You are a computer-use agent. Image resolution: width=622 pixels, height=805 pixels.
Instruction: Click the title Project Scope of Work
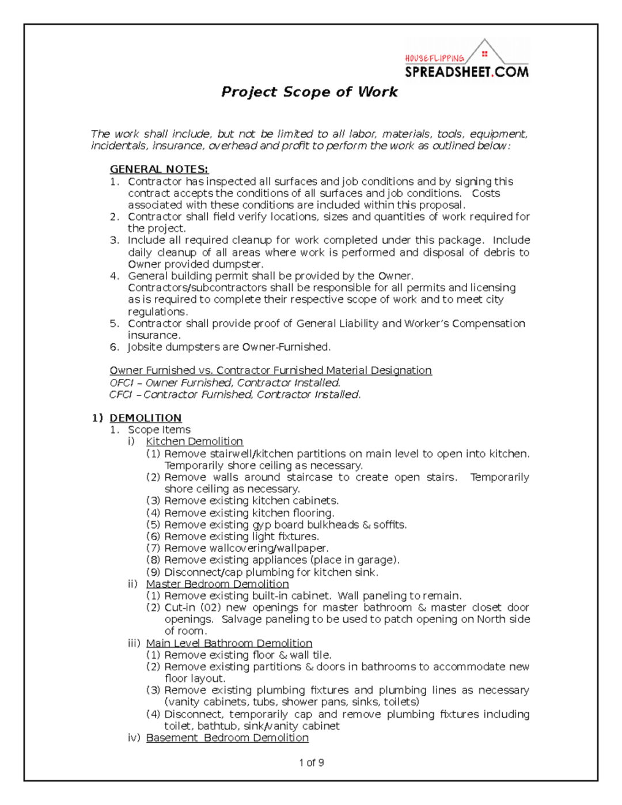coord(309,92)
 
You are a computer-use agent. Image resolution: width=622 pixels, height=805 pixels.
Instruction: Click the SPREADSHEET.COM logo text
coord(466,72)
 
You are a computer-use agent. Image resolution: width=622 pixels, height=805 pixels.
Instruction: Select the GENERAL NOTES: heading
coord(159,169)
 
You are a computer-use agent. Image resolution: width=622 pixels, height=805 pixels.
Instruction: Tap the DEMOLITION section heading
coord(146,418)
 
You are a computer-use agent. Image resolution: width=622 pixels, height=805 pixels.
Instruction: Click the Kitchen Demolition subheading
coord(194,442)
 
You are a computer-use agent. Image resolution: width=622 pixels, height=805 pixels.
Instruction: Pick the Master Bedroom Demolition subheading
coord(217,584)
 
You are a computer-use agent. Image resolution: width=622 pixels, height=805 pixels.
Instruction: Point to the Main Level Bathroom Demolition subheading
coord(229,643)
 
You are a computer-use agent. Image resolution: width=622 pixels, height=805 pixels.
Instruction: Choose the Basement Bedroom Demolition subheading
coord(227,738)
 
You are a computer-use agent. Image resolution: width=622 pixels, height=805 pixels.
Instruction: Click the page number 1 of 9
coord(311,763)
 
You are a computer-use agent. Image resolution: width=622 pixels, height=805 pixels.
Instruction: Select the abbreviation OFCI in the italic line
coord(121,383)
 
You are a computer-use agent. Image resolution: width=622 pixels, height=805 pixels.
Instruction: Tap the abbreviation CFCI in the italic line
coord(121,395)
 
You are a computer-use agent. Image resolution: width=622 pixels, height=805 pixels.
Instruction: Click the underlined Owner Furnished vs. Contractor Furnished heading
coord(271,371)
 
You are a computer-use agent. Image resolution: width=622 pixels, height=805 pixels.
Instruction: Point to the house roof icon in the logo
coord(485,51)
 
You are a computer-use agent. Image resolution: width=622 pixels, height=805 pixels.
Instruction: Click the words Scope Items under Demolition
coord(159,430)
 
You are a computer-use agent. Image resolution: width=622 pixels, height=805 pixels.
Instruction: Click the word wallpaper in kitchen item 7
coord(302,549)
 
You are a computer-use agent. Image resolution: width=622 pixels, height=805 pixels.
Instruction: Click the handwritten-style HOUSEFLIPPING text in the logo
coord(434,59)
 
